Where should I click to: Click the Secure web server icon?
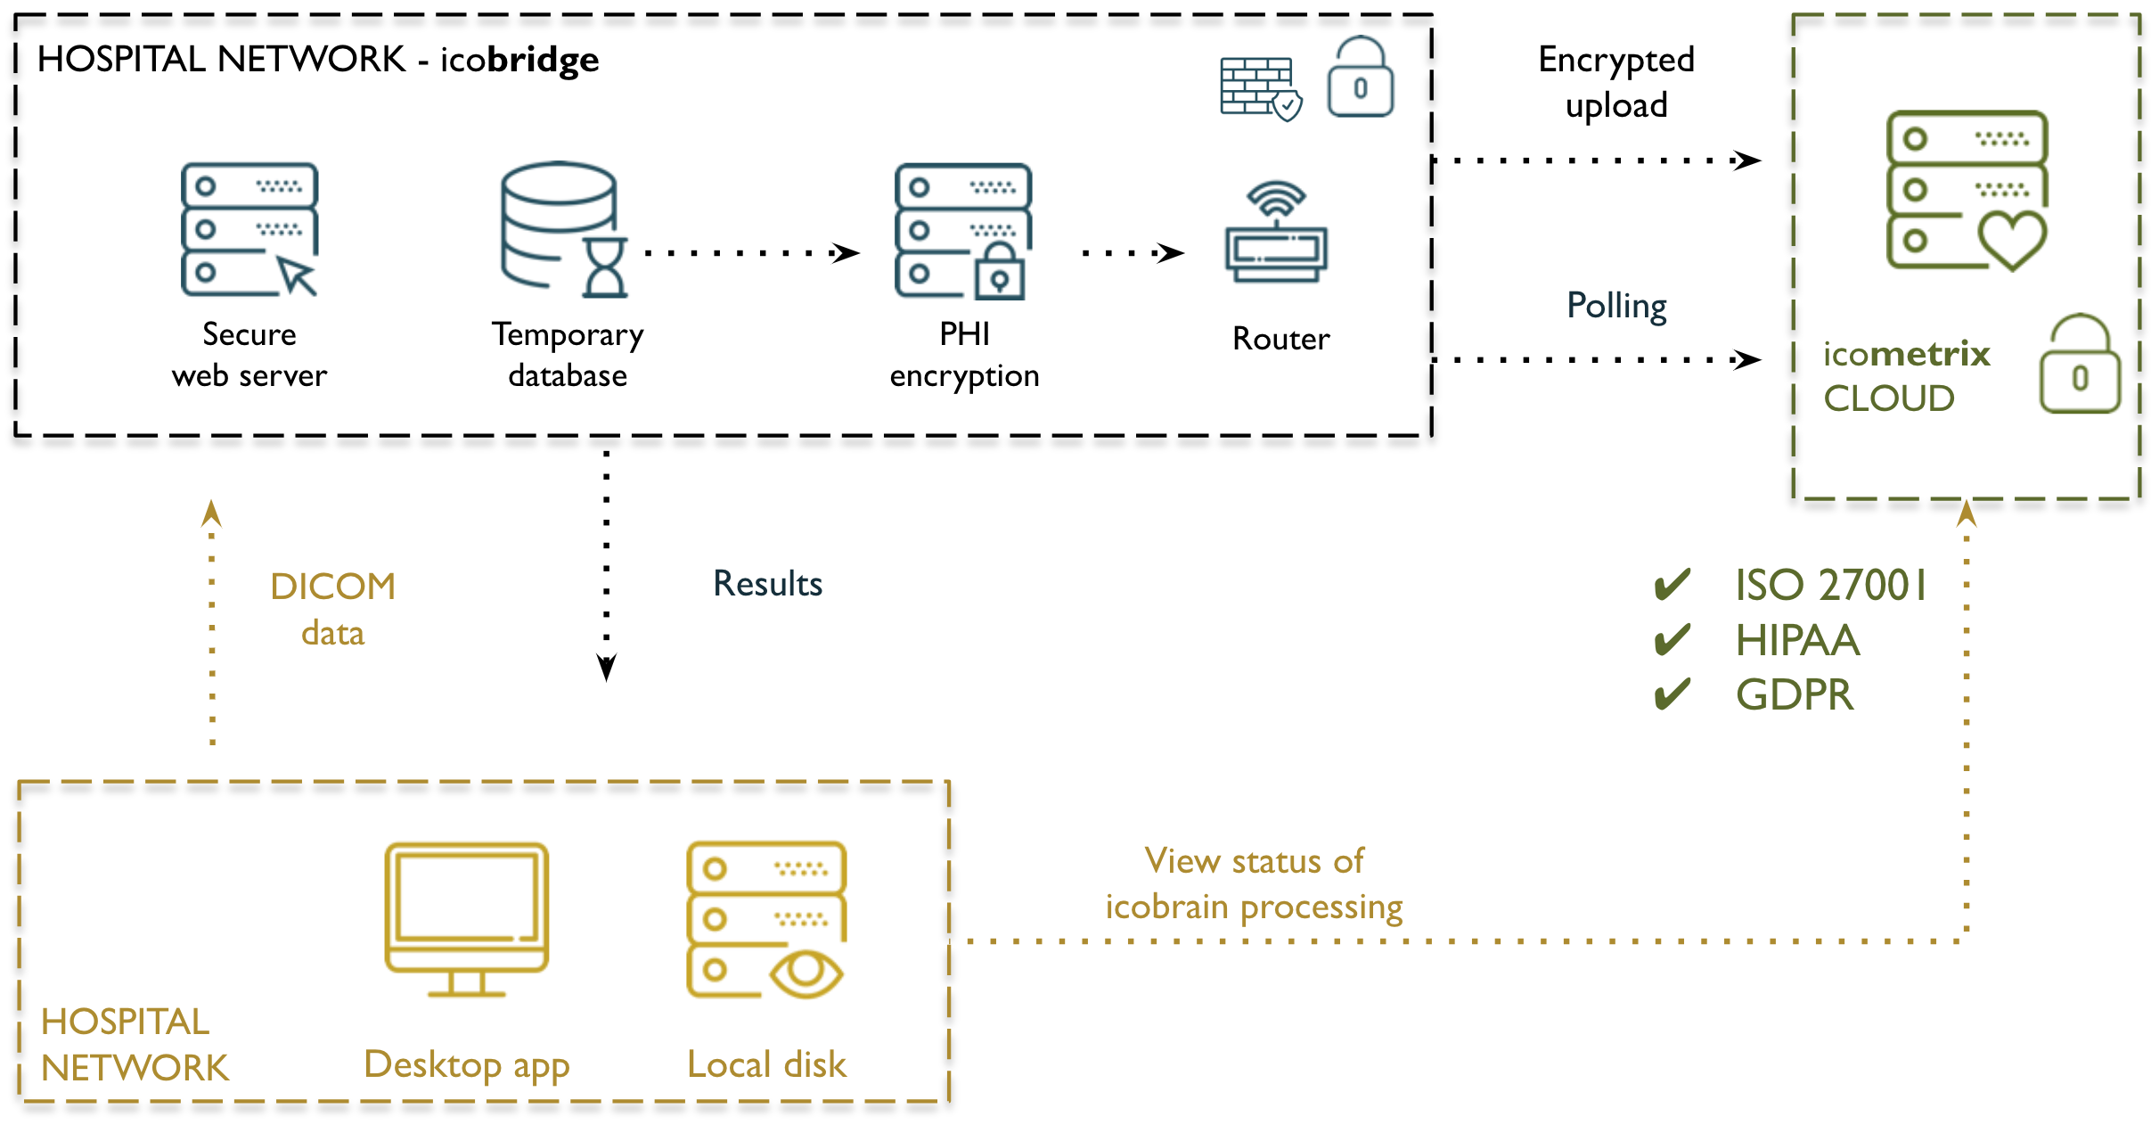pos(249,229)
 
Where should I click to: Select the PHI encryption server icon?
pos(962,230)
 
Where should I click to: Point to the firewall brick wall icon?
pos(1256,86)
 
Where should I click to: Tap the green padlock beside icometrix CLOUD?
pos(2080,367)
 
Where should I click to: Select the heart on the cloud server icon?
pos(2012,239)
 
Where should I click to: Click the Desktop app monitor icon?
pos(466,918)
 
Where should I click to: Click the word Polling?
pos(1615,306)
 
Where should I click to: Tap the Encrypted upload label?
pos(1615,82)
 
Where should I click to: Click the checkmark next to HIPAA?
pos(1672,640)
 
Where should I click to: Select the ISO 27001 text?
pos(1829,586)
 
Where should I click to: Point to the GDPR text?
pos(1794,695)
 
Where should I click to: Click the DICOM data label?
pos(332,609)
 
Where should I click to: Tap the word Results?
pos(767,584)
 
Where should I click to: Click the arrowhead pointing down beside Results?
pos(606,667)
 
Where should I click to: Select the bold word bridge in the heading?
pos(543,61)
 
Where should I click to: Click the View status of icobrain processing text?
pos(1254,883)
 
